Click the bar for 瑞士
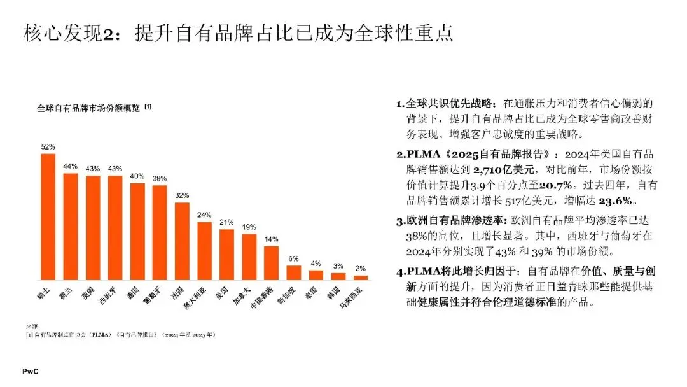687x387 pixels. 48,216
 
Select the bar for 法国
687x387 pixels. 182,241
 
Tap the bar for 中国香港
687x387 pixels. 271,263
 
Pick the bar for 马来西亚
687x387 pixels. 361,278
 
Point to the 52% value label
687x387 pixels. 48,147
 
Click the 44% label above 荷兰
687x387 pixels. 71,167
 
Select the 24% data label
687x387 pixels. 204,215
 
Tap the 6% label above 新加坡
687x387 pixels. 293,259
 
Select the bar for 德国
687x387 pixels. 137,232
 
